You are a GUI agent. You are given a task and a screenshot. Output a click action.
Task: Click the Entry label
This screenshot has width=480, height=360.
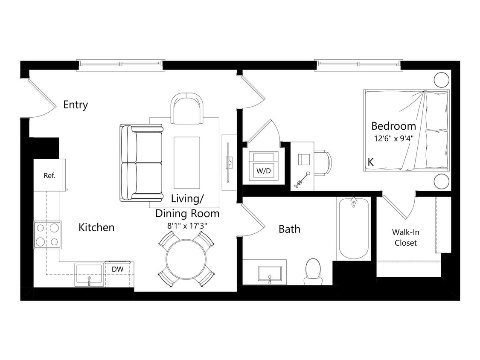(76, 105)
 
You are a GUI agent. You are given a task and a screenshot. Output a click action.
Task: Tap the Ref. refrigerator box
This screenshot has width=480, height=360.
(49, 175)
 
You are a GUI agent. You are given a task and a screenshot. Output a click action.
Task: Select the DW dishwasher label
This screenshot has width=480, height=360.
(118, 269)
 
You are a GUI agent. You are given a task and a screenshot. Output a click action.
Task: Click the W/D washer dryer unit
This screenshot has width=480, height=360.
(264, 166)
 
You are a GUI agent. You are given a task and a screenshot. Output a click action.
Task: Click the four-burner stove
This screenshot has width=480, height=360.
(47, 235)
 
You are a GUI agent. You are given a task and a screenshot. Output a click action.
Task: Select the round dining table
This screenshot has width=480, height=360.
(186, 259)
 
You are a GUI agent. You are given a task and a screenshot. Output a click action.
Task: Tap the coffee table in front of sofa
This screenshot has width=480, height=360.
(187, 163)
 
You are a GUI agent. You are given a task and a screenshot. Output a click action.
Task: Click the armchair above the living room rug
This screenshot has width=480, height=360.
(187, 109)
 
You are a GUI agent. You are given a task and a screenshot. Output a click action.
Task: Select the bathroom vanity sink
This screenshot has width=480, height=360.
(270, 273)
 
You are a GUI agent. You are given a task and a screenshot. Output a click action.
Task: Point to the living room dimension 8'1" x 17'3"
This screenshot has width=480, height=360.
(187, 225)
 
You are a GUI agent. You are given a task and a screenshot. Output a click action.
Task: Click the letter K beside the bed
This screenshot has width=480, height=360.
(371, 162)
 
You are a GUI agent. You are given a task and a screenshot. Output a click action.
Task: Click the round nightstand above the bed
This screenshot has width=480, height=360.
(441, 80)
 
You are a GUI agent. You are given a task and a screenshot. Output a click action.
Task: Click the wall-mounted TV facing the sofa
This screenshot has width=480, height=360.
(229, 163)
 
